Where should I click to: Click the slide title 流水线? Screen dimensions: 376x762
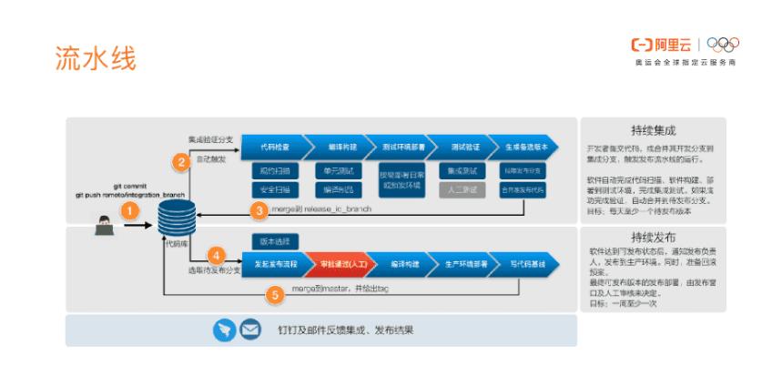tap(96, 58)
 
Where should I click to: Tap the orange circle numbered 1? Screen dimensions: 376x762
tap(131, 209)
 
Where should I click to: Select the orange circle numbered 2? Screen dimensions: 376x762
tap(181, 162)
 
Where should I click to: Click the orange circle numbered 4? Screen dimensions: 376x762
tap(216, 255)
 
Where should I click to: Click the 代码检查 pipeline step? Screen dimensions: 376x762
tap(275, 147)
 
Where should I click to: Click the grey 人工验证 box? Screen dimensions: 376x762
tap(457, 190)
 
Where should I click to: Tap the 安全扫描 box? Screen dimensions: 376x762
tap(274, 190)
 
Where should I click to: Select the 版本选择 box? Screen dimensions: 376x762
tap(274, 240)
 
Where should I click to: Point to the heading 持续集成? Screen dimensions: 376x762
tap(652, 129)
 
